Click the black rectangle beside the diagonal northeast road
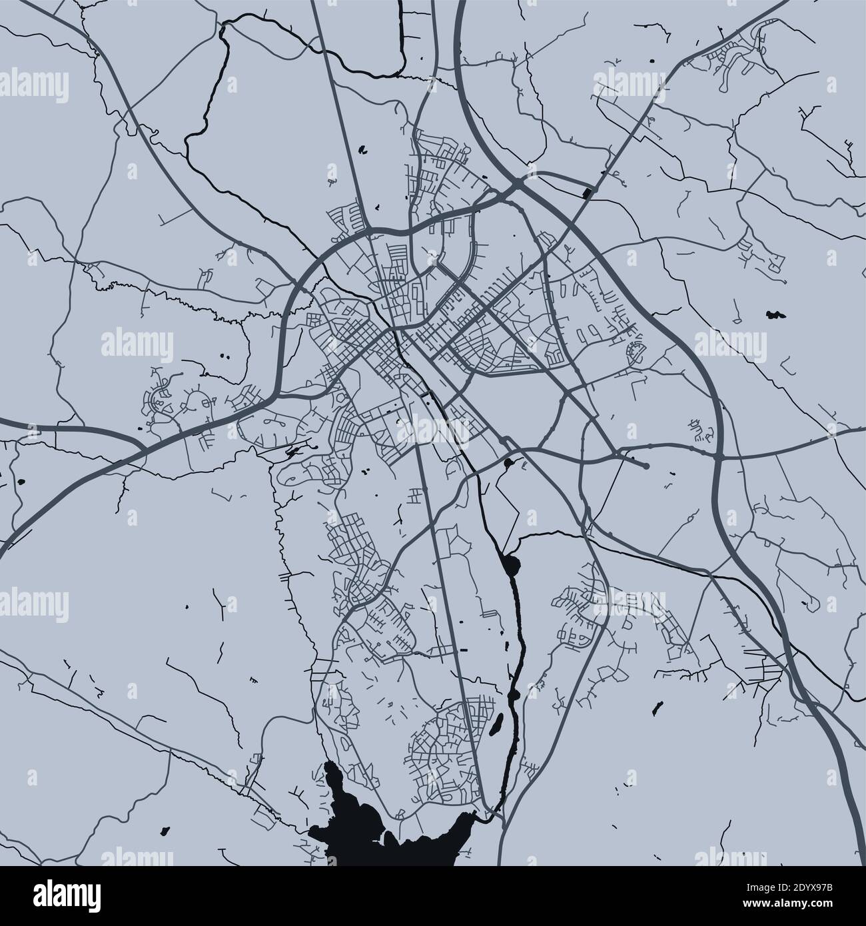587,193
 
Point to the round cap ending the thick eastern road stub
646,466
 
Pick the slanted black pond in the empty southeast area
656,706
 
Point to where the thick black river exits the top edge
402,3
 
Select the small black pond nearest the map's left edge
21,482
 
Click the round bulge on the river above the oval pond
514,696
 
